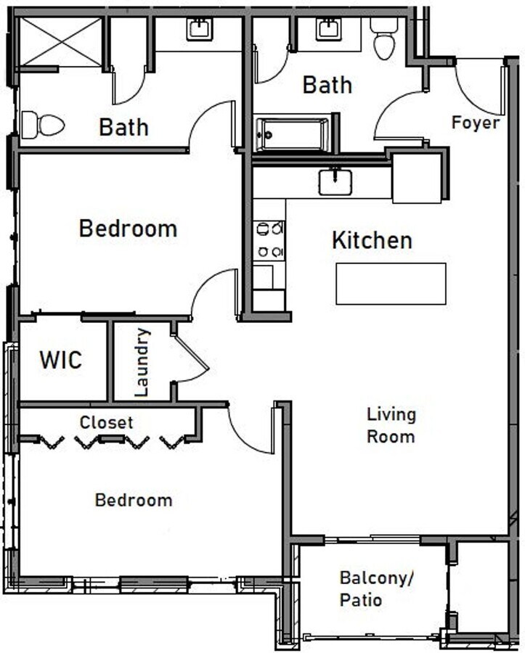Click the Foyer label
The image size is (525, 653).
click(x=476, y=123)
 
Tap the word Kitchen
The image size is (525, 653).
click(x=372, y=240)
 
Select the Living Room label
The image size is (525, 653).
click(x=391, y=425)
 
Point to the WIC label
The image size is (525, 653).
click(x=60, y=360)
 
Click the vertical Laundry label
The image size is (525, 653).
click(x=142, y=362)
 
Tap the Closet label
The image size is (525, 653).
click(x=106, y=422)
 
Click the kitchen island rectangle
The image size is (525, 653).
click(x=391, y=284)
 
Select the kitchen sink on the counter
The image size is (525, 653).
click(x=335, y=181)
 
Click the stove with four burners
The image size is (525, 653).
click(x=269, y=240)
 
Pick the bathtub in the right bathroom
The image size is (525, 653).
click(x=292, y=134)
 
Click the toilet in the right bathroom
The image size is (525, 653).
click(x=384, y=39)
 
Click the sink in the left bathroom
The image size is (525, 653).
click(x=199, y=30)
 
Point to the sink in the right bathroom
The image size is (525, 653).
click(x=328, y=30)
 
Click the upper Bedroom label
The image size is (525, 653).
click(x=128, y=229)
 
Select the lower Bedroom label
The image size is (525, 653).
click(x=134, y=500)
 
